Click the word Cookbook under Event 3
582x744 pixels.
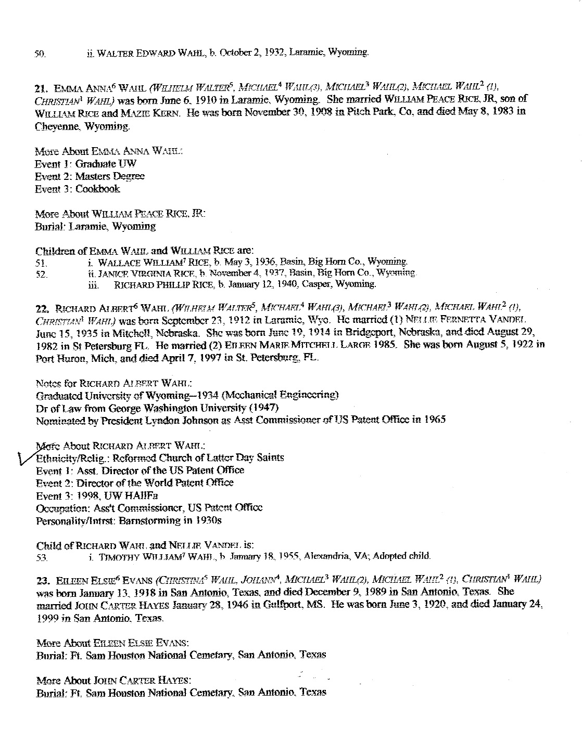(98, 189)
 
